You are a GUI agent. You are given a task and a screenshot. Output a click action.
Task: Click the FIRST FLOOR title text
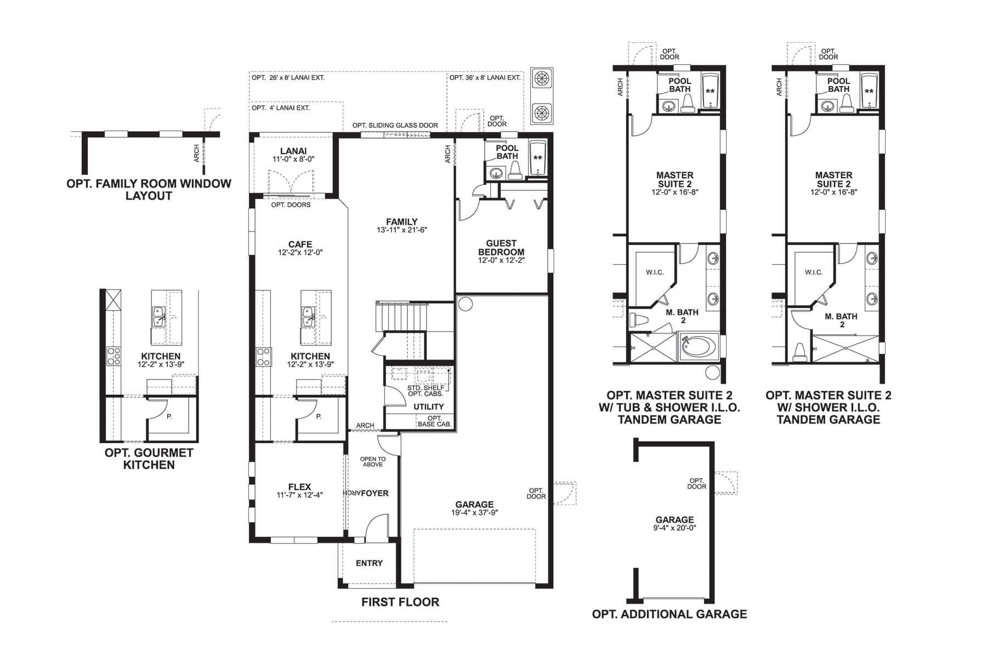[x=400, y=602]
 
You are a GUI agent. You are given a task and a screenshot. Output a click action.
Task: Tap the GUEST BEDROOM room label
[x=501, y=247]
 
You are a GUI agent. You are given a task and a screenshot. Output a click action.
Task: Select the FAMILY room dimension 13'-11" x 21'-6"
[x=401, y=230]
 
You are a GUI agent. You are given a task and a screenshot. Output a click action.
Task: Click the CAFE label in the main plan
[x=300, y=245]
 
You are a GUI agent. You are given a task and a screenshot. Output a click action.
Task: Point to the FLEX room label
[x=299, y=486]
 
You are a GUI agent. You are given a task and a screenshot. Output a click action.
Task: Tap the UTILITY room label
[x=428, y=406]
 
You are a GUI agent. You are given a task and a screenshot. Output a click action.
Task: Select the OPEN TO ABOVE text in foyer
[x=372, y=462]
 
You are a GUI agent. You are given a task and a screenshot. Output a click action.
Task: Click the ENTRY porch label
[x=369, y=563]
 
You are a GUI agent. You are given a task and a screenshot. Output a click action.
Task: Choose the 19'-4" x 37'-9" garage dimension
[x=474, y=513]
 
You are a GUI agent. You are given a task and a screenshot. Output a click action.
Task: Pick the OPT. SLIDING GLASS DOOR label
[x=395, y=126]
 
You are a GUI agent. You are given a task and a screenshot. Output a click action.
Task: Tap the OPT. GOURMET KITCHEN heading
[x=149, y=459]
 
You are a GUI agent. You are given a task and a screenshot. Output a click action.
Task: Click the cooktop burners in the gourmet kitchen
[x=114, y=356]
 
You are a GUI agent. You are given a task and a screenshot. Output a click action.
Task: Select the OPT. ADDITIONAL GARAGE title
[x=669, y=614]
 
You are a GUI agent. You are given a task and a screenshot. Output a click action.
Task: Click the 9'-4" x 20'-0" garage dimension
[x=674, y=527]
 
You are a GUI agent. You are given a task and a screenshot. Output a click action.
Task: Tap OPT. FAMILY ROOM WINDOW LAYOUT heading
[x=149, y=190]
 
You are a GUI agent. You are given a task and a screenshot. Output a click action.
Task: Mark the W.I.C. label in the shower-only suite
[x=813, y=273]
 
